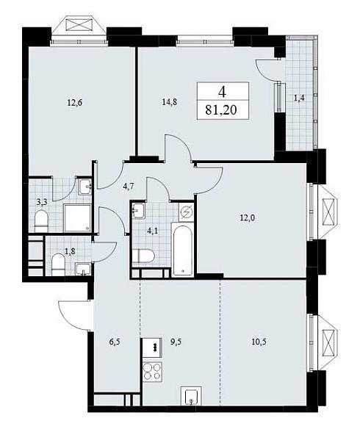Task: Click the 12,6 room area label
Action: (75, 103)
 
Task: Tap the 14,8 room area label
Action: (169, 102)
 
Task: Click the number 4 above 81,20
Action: (222, 93)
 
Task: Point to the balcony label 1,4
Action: (300, 98)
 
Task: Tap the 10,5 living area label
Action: (259, 342)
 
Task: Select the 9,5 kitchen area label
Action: (176, 342)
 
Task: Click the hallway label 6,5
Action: (115, 342)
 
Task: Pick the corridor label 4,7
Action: (128, 187)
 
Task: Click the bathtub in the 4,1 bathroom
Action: (182, 249)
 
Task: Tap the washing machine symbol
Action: (187, 212)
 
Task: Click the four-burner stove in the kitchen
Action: (153, 372)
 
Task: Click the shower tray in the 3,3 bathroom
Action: (77, 218)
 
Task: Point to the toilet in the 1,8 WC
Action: (58, 264)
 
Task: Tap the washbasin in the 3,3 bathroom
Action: (85, 187)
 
